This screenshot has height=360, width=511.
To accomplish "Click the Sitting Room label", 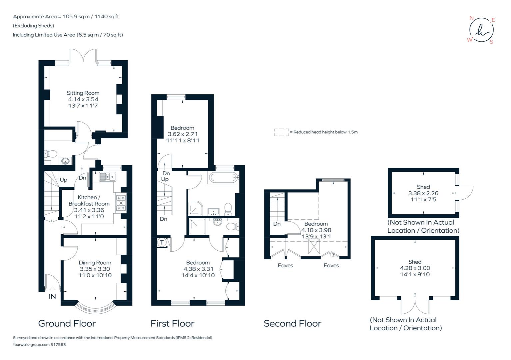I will coord(83,93).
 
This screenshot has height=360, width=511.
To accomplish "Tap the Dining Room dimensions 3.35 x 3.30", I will coord(95,269).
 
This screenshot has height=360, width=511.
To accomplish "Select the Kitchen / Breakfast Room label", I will coord(89,200).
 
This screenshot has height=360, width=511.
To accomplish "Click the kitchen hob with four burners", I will coord(121,203).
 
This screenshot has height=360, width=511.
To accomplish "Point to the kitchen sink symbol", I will coord(107,177).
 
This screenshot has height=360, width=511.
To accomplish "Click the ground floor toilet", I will coord(51,154).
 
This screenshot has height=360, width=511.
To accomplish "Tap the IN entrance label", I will coord(52,296).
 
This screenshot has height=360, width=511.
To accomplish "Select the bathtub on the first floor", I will coord(223,178).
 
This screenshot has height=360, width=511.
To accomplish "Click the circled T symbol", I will coord(162,242).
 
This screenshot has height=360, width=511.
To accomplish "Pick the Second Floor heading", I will coord(292,323).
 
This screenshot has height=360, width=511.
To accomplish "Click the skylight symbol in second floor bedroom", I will coord(314,247).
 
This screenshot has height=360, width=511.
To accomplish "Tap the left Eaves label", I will coord(285,265).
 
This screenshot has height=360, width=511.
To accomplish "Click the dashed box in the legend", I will coord(281,132).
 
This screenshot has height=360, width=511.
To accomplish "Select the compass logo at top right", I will coord(481,30).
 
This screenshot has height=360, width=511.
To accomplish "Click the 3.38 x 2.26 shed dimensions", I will coord(423,193).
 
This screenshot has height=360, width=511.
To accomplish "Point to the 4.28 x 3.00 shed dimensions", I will coord(415,268).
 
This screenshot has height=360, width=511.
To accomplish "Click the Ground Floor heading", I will coord(67,323).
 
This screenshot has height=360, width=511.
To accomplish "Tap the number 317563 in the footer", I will coord(58,345).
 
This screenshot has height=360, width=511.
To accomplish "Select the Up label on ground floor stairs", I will coord(63,180).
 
